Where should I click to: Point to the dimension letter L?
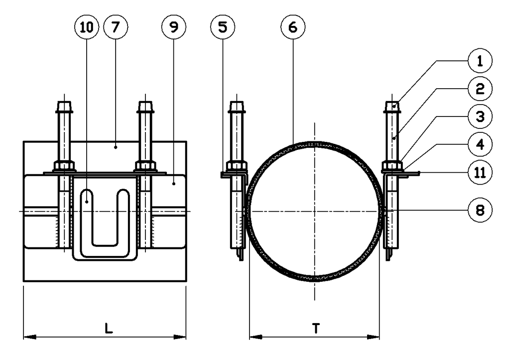pyautogui.click(x=108, y=328)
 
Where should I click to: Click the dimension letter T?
pyautogui.click(x=316, y=328)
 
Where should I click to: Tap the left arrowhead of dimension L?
pyautogui.click(x=29, y=337)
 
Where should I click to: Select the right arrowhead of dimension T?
pyautogui.click(x=375, y=337)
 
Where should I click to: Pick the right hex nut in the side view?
pyautogui.click(x=145, y=166)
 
